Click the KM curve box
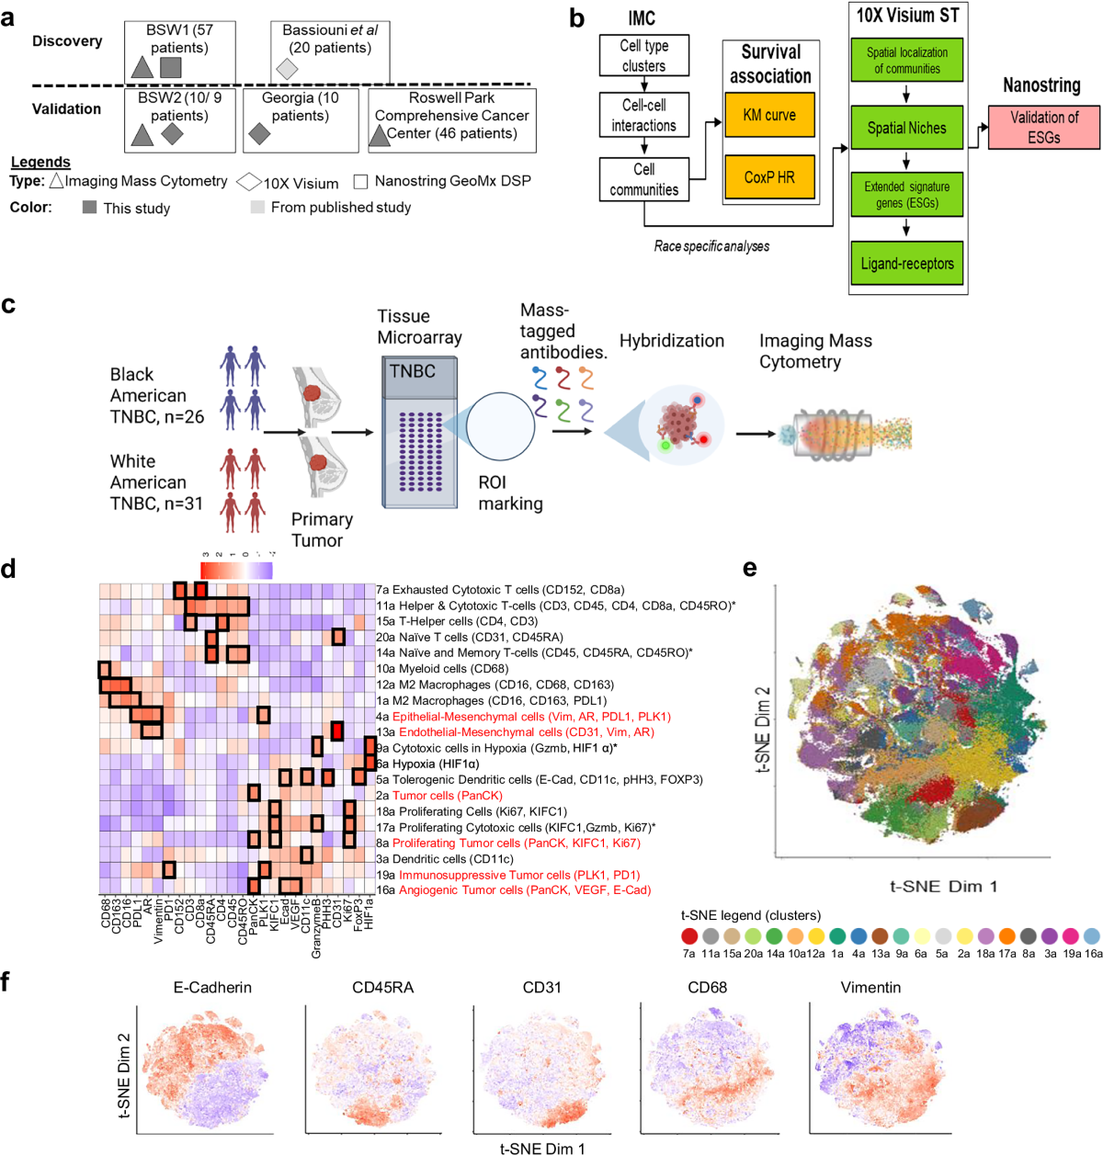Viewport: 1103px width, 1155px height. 769,116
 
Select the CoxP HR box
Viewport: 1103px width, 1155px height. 769,176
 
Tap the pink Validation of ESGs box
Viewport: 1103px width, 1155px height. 1044,128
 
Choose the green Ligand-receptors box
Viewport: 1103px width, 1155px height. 906,264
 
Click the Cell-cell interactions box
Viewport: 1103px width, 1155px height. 643,116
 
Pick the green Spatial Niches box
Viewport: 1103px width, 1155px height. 906,128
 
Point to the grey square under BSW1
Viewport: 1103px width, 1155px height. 170,67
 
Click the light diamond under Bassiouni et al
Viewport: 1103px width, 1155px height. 288,69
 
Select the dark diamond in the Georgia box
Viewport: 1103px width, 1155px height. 259,135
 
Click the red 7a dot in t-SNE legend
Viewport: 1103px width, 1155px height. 689,936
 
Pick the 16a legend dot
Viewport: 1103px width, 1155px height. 1091,936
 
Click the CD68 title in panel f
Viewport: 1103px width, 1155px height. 707,988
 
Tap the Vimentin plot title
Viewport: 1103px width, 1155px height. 870,988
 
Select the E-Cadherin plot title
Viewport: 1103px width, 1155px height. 212,988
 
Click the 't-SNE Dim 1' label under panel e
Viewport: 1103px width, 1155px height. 943,887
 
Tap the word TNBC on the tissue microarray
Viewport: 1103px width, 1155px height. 412,371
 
